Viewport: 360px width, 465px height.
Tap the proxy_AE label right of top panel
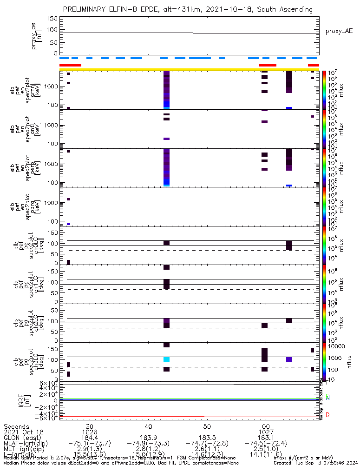[x=339, y=31]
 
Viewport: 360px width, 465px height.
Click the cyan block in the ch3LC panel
[x=166, y=359]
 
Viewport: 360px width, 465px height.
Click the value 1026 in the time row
[x=89, y=432]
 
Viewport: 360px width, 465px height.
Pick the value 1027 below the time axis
[x=266, y=432]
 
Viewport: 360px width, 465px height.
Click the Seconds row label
[x=16, y=426]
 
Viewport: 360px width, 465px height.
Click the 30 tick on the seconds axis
[x=89, y=426]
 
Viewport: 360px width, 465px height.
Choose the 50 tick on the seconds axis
[x=207, y=426]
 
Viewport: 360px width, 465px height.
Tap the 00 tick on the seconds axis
[x=266, y=426]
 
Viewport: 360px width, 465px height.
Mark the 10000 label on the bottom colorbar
[x=336, y=347]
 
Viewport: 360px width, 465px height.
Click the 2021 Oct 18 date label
[x=23, y=432]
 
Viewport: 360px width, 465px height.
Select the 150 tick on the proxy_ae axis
[x=52, y=19]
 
